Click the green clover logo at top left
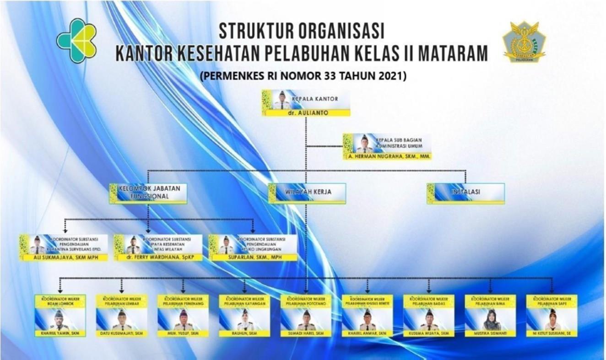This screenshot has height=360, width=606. pos(76,40)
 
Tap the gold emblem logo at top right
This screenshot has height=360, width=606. pos(525,42)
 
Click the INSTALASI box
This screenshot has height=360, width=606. pos(466,193)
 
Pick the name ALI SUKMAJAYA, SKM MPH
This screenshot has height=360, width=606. pos(64,258)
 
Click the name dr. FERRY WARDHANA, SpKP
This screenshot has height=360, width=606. pos(158,258)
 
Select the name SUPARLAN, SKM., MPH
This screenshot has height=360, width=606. pos(252,258)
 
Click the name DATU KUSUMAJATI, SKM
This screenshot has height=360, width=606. pos(121,334)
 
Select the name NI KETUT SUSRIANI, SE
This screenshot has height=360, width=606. pos(552,334)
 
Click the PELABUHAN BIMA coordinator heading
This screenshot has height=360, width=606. pos(490,301)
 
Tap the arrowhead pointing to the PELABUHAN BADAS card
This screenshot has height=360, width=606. pos(429,291)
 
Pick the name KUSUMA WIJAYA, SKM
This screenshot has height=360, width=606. pos(429,334)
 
